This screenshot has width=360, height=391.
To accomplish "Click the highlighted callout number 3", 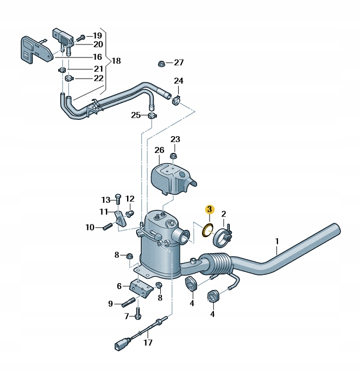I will [209, 209].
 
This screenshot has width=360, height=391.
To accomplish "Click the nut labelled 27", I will [162, 63].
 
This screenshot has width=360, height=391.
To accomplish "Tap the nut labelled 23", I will [173, 156].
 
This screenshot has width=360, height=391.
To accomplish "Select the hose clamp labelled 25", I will [151, 115].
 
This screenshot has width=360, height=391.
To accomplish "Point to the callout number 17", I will [148, 343].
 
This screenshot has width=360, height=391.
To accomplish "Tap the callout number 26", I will [159, 150].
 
